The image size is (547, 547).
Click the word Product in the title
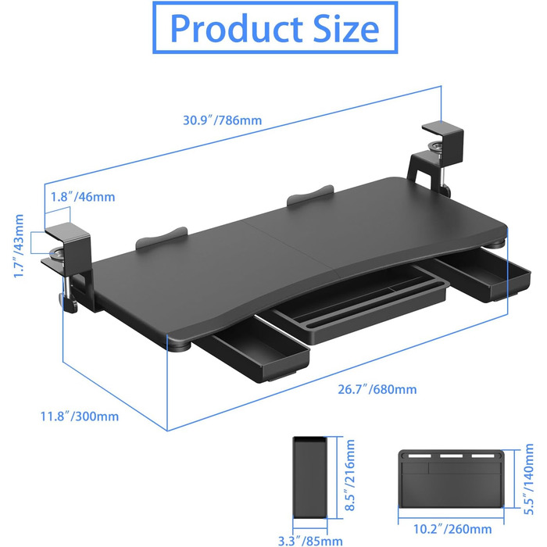pos(237,29)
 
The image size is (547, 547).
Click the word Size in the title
pos(345,29)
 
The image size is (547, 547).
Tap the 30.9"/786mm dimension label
pos(222,120)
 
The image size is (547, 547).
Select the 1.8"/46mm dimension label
pos(83,197)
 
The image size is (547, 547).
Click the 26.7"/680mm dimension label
pos(377,389)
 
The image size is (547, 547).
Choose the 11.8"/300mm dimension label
pos(80,417)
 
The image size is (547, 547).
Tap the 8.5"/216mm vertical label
pos(349,475)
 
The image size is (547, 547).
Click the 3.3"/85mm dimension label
pos(310,541)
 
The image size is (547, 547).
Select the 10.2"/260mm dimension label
pos(452,529)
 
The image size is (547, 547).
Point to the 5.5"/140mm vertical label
pos(528,479)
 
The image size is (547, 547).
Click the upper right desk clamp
pos(436,157)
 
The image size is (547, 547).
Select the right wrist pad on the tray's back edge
pos(310,195)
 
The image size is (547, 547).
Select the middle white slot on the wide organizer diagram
pos(451,456)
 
